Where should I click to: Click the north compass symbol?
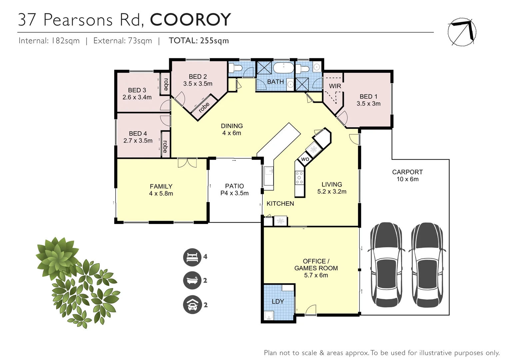[x=462, y=32]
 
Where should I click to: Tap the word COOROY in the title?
[x=190, y=20]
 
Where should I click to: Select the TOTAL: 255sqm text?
[x=199, y=41]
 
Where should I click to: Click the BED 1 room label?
[x=368, y=96]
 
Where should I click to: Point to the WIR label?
[x=335, y=86]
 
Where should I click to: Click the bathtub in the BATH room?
[x=283, y=69]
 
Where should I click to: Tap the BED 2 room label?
[x=198, y=77]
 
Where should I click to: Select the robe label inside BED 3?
[x=166, y=84]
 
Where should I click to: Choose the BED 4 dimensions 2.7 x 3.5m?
[x=138, y=141]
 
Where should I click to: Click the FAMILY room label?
[x=161, y=186]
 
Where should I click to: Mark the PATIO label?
[x=235, y=186]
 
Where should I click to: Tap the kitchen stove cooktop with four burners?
[x=299, y=178]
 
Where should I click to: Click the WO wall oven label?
[x=305, y=159]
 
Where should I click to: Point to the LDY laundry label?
[x=278, y=301]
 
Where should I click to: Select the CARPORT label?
[x=407, y=172]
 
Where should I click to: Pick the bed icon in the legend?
[x=192, y=257]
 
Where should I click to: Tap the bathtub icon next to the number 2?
[x=192, y=281]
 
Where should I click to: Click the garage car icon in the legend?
[x=192, y=305]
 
